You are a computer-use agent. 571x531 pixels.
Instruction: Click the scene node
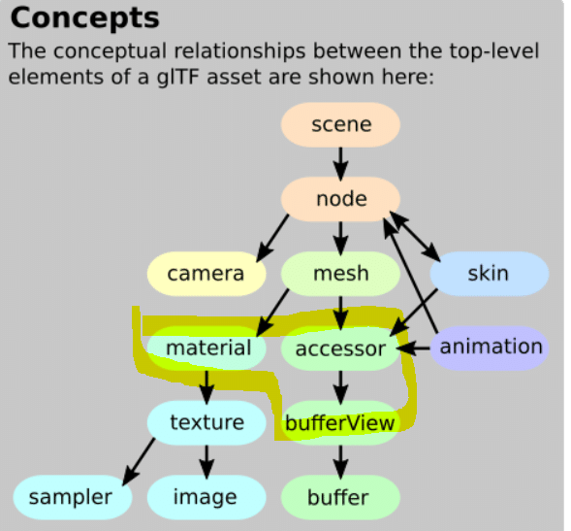[x=340, y=124]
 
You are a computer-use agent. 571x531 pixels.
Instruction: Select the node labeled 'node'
[x=340, y=199]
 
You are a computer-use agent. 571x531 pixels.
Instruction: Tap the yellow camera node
[x=206, y=274]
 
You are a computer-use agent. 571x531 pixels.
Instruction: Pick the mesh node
[x=340, y=274]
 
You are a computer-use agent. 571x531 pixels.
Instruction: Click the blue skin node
[x=490, y=274]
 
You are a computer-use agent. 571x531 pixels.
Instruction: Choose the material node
[x=206, y=348]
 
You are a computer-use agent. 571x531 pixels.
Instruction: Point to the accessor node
[x=340, y=348]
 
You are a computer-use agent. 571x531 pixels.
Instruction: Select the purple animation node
[x=490, y=348]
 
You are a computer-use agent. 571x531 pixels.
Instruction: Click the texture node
[x=206, y=422]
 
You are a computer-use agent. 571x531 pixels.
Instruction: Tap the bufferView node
[x=340, y=422]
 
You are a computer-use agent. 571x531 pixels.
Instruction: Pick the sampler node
[x=73, y=497]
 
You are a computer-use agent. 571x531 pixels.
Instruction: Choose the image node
[x=206, y=497]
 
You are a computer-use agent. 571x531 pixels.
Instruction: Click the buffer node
[x=340, y=497]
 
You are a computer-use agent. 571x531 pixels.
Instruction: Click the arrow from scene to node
[x=340, y=164]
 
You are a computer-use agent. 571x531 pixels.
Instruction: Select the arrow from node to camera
[x=272, y=238]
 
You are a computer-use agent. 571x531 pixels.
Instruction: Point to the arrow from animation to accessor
[x=413, y=348]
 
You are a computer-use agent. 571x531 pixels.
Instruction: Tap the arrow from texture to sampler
[x=139, y=462]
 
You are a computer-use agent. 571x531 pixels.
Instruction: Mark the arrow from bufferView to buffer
[x=340, y=462]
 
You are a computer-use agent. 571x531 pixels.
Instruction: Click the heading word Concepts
[x=85, y=18]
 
